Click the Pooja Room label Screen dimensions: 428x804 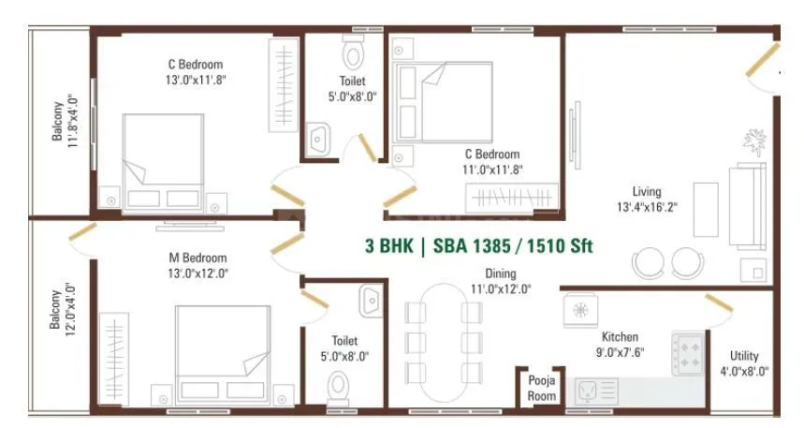[x=540, y=389]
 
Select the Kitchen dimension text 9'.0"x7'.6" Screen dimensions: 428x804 [x=621, y=352]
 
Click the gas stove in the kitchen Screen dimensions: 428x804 [x=690, y=354]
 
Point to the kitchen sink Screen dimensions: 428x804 [x=592, y=389]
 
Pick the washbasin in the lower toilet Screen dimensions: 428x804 [x=369, y=301]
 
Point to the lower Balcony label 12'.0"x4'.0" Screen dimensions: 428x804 [x=64, y=310]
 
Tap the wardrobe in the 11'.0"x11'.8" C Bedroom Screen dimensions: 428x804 [x=513, y=199]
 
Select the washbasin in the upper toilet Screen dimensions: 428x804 [x=318, y=139]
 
